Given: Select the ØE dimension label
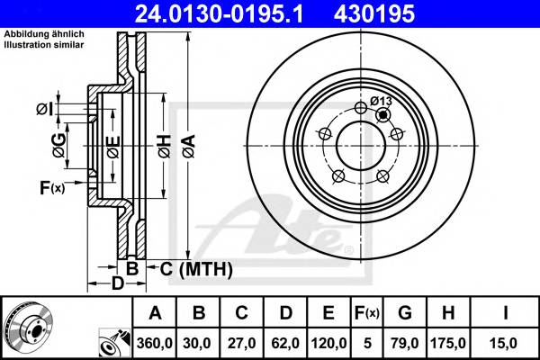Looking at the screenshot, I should coord(112,145).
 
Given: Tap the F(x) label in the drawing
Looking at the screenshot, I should coord(51,187).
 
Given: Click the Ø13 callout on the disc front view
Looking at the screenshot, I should coord(381,101).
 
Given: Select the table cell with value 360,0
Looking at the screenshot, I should coord(155,343).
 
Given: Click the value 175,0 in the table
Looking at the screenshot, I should coord(447,343).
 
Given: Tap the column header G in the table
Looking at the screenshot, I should coord(405,313).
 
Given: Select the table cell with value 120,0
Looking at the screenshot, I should coord(328,343).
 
